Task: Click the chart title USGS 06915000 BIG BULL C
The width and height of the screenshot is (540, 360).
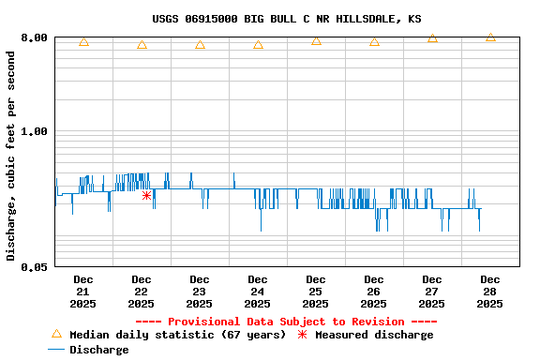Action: [286, 19]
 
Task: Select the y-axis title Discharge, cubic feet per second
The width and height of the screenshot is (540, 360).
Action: [11, 156]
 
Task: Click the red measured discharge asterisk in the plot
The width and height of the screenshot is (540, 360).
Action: [146, 195]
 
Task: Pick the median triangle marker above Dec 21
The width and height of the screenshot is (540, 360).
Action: [83, 42]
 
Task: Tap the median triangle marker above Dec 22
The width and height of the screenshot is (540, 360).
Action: [142, 44]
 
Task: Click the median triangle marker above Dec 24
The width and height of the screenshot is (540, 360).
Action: [258, 44]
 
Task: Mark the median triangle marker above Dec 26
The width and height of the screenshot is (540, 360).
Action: [374, 42]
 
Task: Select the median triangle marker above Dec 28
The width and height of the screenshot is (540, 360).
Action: [490, 37]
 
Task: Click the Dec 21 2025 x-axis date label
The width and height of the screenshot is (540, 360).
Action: [82, 291]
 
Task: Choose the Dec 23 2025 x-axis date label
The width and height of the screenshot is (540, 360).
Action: [199, 291]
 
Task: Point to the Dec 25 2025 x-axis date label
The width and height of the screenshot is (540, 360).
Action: [315, 291]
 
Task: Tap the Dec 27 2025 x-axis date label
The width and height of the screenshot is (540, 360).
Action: [431, 291]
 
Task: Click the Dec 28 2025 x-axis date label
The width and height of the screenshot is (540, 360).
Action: [489, 291]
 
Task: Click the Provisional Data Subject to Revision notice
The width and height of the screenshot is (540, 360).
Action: [286, 322]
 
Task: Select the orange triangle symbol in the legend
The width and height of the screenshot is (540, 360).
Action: [56, 334]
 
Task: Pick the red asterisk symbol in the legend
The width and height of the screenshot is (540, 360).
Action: [302, 335]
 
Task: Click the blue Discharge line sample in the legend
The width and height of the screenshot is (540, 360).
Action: [56, 350]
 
